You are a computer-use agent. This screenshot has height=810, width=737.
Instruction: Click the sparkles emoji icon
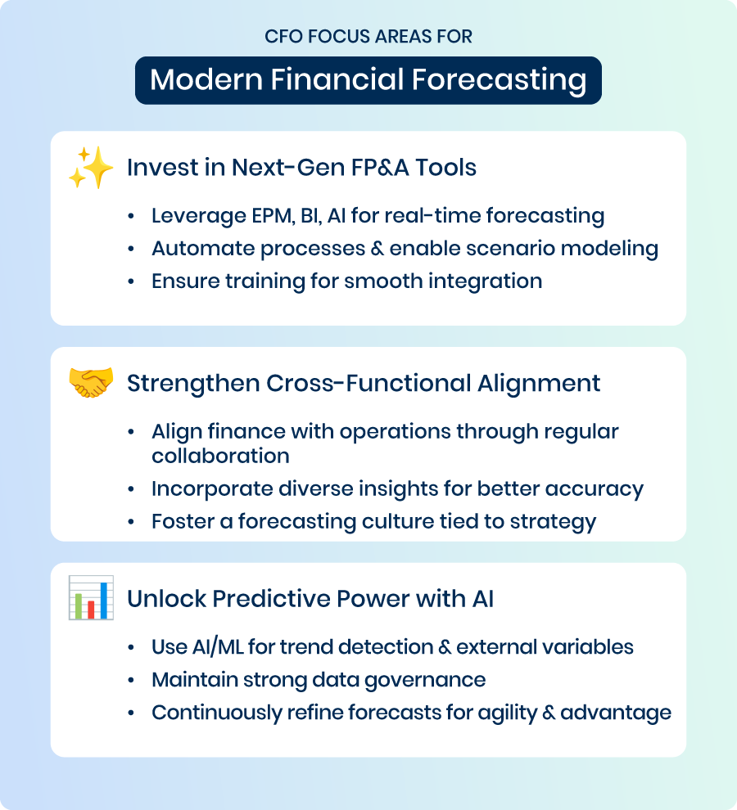[x=91, y=168]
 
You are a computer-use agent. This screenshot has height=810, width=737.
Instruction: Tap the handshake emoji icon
[x=91, y=382]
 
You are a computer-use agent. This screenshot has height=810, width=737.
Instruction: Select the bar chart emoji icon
[x=91, y=598]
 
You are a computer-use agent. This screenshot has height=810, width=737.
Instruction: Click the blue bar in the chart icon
[x=104, y=601]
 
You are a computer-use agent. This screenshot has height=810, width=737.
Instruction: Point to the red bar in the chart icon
[x=91, y=610]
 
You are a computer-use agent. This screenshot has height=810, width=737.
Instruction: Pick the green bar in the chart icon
[x=79, y=606]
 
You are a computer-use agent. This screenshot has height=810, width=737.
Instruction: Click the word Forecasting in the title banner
[x=499, y=80]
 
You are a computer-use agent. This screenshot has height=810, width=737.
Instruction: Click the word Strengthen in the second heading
[x=193, y=383]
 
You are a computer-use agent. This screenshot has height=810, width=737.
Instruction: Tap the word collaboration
[x=220, y=457]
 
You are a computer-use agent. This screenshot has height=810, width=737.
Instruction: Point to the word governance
[x=425, y=681]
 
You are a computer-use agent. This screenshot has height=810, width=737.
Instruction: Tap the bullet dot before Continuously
[x=131, y=713]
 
